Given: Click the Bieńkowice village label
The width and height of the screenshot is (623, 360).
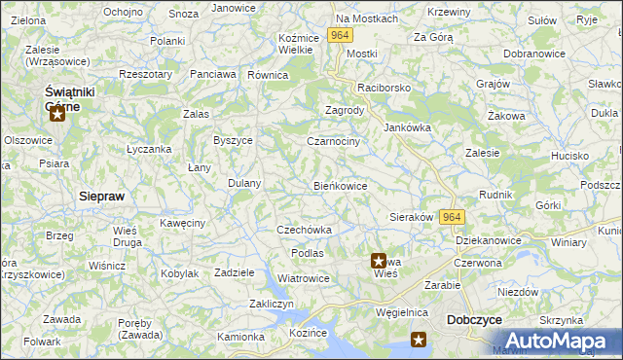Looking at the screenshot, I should pos(340,185).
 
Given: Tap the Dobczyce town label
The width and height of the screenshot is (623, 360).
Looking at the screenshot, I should pos(473,319).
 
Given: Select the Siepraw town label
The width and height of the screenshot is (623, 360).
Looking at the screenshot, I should pos(101,196).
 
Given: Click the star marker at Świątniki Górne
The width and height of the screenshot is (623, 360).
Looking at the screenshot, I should pos(57,115).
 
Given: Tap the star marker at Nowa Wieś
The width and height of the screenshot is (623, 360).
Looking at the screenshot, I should pos(379,261).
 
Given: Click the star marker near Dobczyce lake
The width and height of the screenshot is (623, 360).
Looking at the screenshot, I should pos(419,340).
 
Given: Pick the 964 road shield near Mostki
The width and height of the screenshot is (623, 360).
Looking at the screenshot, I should pos(339,35).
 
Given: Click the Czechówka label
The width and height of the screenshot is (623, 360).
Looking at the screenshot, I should pos(305,230).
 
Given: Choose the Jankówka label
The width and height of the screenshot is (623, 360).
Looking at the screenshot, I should pos(407,127).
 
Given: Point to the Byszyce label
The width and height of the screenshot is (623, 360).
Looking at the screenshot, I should pos(233,140).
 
